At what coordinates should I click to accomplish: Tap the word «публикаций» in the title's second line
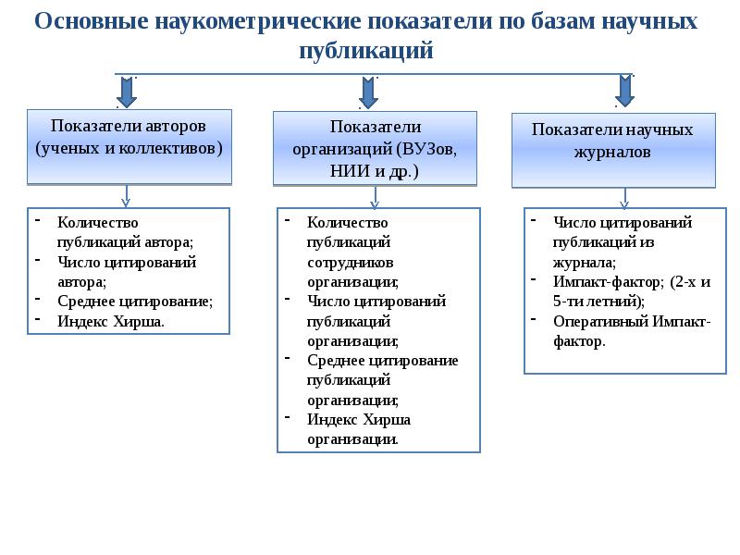[366, 51]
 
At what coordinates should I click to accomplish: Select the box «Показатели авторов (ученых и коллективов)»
[129, 147]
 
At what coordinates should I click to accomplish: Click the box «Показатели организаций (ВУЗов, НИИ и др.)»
[376, 148]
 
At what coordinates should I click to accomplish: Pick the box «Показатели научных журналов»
[613, 151]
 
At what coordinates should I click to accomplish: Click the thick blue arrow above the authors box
[127, 92]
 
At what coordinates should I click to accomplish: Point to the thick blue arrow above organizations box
[368, 93]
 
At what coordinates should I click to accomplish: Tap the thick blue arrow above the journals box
[624, 91]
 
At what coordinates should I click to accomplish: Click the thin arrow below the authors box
[126, 196]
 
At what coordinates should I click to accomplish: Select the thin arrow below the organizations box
[375, 197]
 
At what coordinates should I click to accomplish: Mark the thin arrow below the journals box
[624, 198]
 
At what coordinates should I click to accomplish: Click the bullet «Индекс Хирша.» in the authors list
[111, 321]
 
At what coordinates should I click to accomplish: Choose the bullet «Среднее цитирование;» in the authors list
[135, 302]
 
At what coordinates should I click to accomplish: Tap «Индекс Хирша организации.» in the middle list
[359, 429]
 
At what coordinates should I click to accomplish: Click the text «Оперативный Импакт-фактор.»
[632, 331]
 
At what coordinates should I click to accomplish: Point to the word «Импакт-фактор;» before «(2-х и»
[609, 282]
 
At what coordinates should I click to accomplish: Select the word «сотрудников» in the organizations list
[351, 263]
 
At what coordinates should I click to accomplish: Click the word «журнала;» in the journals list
[585, 263]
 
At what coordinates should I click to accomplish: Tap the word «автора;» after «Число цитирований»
[81, 282]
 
